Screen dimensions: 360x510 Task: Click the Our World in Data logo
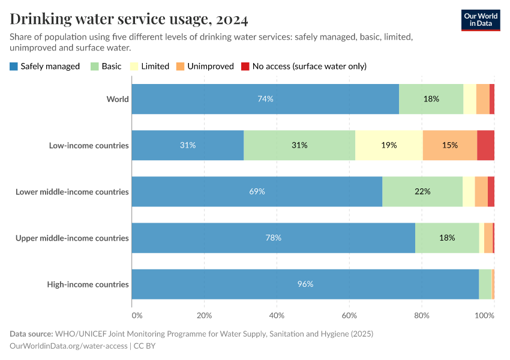pyautogui.click(x=480, y=20)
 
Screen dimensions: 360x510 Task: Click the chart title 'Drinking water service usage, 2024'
pyautogui.click(x=129, y=19)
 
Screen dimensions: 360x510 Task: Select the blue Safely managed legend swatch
pyautogui.click(x=14, y=66)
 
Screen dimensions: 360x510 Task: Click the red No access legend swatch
pyautogui.click(x=245, y=66)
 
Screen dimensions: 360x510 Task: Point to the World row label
pyautogui.click(x=118, y=99)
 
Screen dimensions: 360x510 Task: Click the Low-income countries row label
pyautogui.click(x=89, y=145)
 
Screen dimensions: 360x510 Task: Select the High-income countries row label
pyautogui.click(x=88, y=284)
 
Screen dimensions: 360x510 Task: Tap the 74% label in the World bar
pyautogui.click(x=265, y=99)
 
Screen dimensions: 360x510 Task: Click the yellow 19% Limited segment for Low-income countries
pyautogui.click(x=389, y=145)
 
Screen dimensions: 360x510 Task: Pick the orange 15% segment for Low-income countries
pyautogui.click(x=449, y=145)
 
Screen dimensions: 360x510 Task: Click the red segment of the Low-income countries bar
pyautogui.click(x=485, y=145)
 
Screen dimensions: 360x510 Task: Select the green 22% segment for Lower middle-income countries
pyautogui.click(x=422, y=191)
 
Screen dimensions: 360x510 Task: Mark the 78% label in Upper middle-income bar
pyautogui.click(x=273, y=238)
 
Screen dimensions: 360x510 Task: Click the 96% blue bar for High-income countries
pyautogui.click(x=305, y=284)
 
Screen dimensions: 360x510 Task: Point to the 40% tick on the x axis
pyautogui.click(x=277, y=316)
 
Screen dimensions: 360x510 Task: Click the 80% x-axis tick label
pyautogui.click(x=421, y=316)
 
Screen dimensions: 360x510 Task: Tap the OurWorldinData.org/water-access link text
pyautogui.click(x=68, y=346)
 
